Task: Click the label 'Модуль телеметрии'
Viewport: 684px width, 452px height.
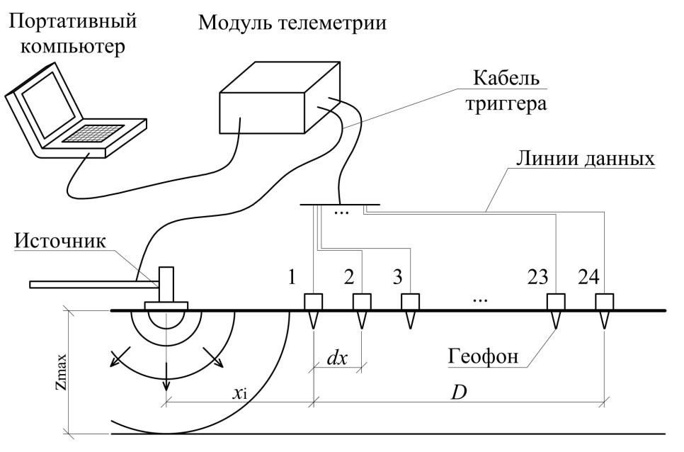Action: pyautogui.click(x=292, y=23)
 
